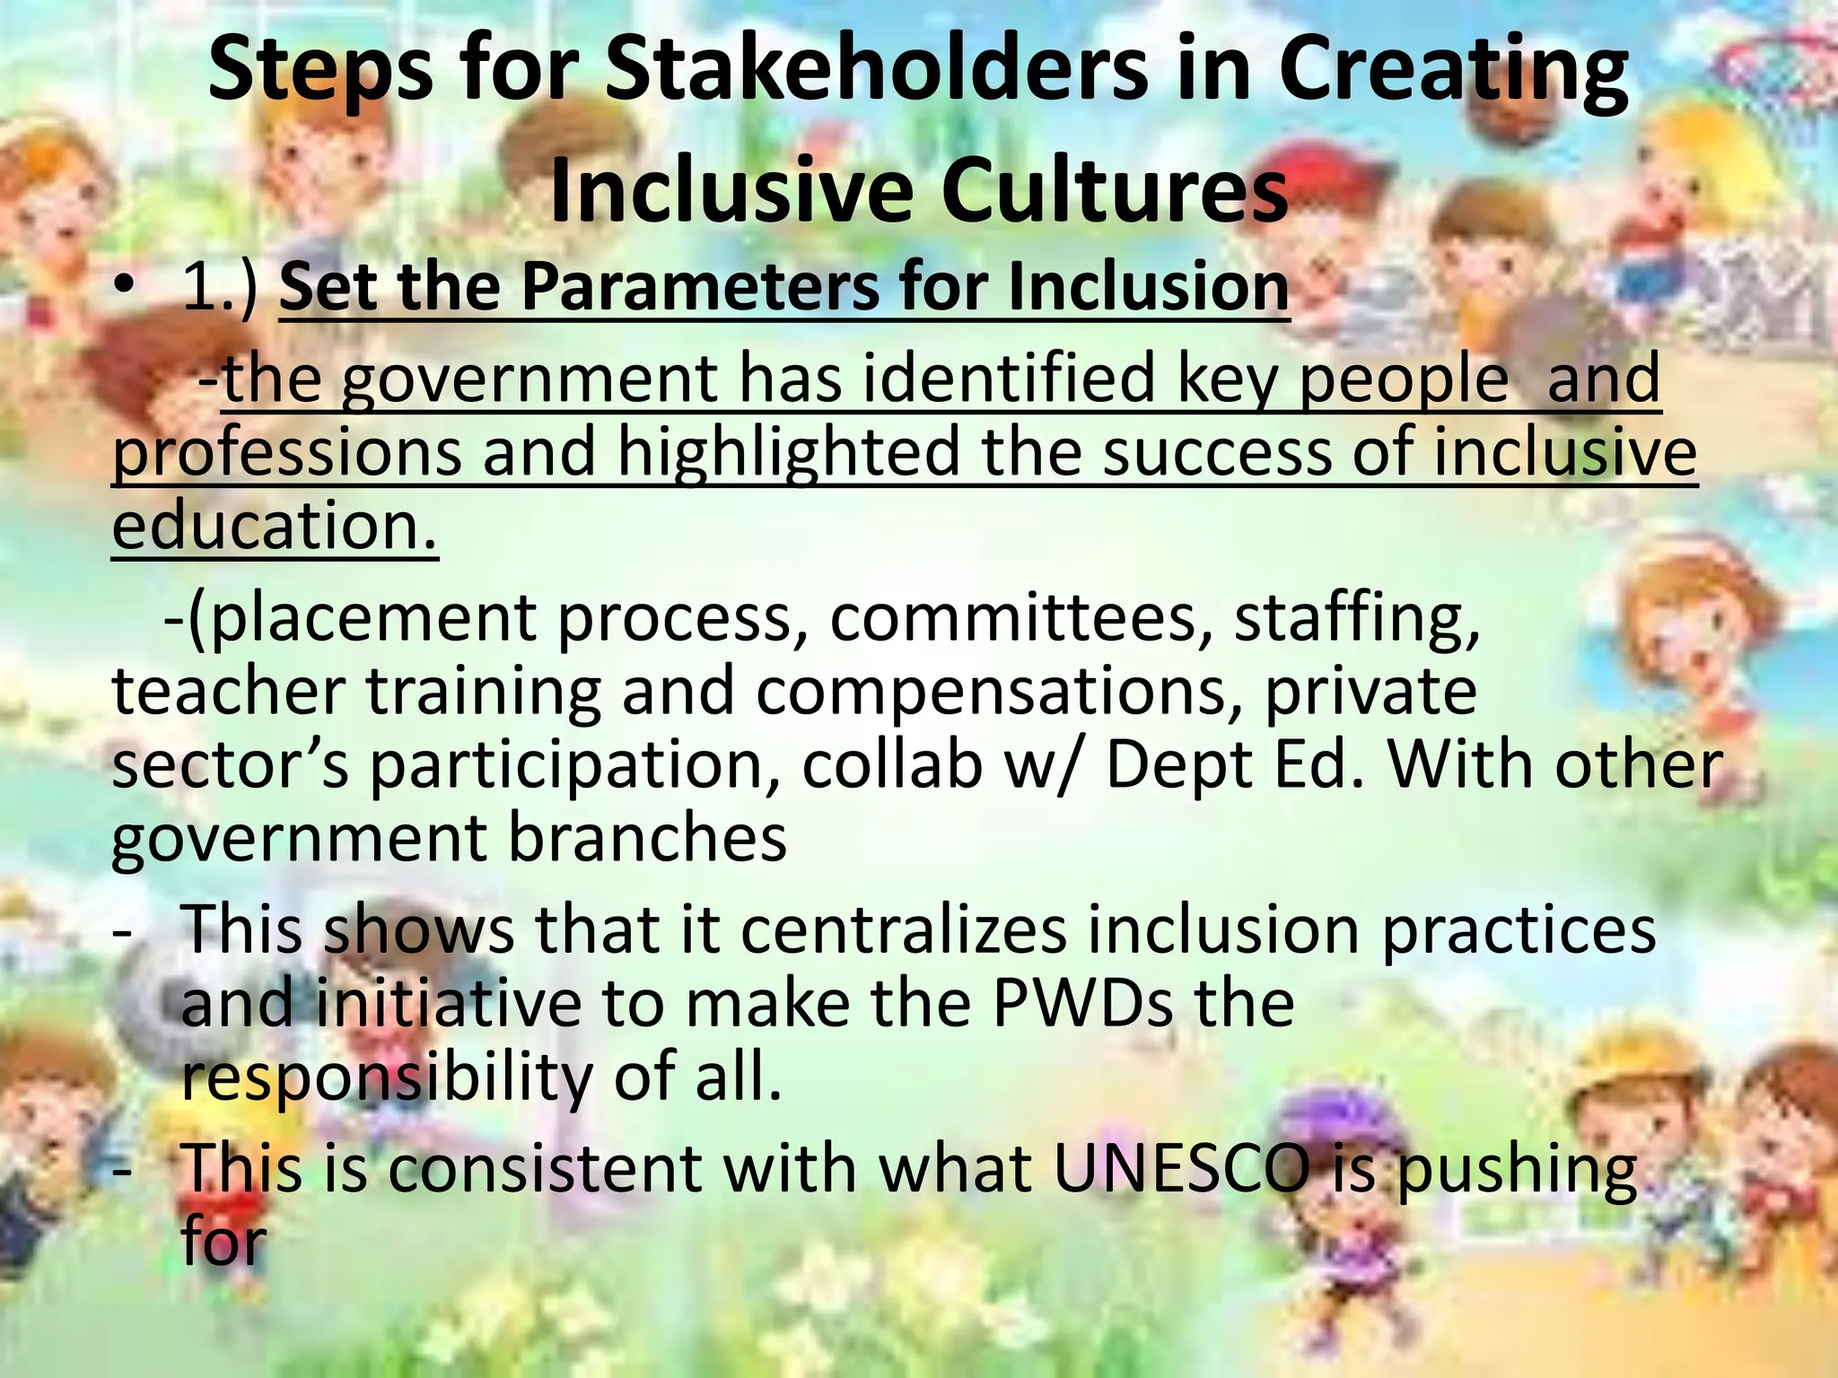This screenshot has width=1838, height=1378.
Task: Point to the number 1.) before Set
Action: point(221,288)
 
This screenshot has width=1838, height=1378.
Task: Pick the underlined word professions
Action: point(287,453)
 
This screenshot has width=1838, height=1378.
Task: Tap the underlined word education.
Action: point(274,526)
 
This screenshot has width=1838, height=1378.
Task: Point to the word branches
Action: point(647,839)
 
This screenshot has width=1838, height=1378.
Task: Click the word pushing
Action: point(1518,1170)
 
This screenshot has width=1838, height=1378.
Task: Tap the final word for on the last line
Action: point(223,1242)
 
